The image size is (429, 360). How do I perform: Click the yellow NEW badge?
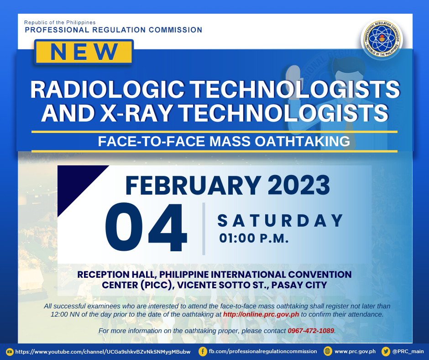pos(84,52)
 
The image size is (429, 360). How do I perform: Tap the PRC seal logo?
pos(382,39)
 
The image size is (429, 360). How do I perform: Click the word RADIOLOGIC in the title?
pos(107,90)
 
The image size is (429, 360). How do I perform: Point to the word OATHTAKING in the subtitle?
pos(302,141)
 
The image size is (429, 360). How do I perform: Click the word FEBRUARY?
pos(193,185)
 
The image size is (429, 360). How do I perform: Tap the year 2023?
pos(298,185)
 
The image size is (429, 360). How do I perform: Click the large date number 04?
pos(146,227)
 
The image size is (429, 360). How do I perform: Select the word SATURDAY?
pos(280,221)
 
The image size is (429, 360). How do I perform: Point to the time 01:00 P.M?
pos(254,238)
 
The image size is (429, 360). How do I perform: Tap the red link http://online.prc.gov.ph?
pos(261,314)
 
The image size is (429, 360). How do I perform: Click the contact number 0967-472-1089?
pos(311,331)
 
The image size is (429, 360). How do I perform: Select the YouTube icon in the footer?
pos(10,351)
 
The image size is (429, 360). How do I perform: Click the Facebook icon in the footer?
pos(203,351)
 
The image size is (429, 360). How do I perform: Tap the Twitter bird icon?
pos(386,351)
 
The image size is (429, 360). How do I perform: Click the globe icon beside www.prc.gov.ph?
pos(328,351)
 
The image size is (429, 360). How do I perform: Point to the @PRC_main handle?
pos(408,351)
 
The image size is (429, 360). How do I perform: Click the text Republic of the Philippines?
pos(60,22)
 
